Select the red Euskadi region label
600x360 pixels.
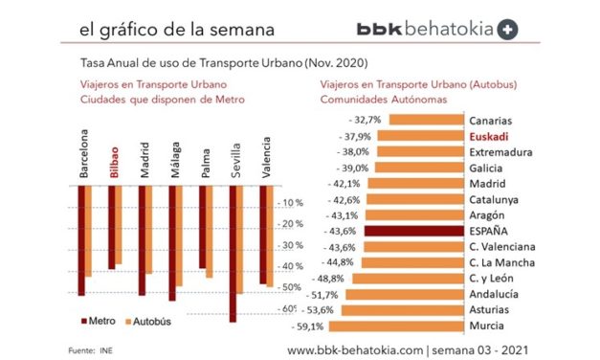(x=488, y=137)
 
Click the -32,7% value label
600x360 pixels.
(x=364, y=121)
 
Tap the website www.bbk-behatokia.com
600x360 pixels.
(x=355, y=350)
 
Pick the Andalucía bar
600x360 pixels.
(x=402, y=294)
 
